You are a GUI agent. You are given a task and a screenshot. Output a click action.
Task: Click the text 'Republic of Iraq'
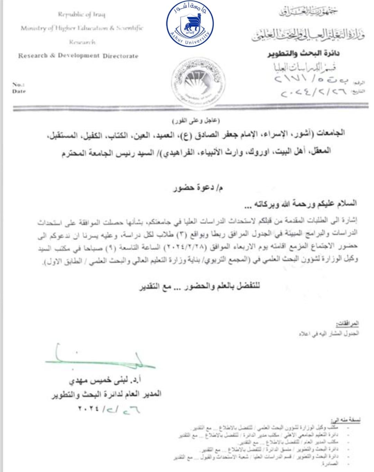[82, 14]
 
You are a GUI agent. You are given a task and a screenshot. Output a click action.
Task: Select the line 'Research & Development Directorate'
[78, 56]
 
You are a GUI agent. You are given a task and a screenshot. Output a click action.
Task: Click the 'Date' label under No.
[19, 91]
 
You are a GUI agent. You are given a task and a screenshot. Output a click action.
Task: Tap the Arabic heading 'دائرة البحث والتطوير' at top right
[303, 54]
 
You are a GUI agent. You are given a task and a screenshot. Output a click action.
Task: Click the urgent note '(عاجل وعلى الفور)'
[196, 121]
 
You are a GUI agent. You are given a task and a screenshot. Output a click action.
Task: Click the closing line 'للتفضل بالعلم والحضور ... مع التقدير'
[199, 287]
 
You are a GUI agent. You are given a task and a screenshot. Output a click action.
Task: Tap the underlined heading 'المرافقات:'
[347, 324]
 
